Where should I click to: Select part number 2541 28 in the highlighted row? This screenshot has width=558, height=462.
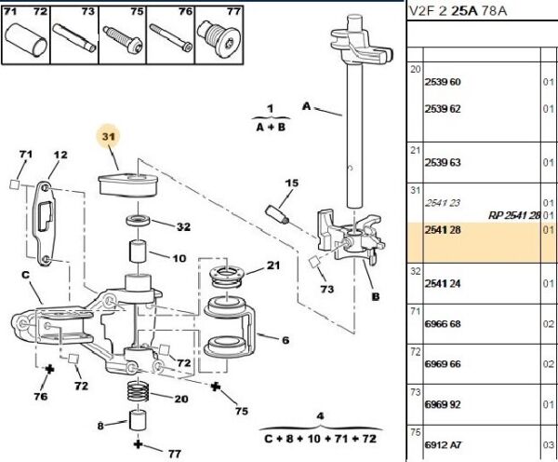(x=431, y=228)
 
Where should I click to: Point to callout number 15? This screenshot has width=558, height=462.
(x=290, y=183)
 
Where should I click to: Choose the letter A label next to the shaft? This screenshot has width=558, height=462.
(x=305, y=106)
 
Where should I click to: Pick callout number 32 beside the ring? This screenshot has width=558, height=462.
(x=182, y=225)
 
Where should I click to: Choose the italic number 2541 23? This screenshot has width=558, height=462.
(x=430, y=202)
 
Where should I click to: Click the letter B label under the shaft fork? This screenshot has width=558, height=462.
(x=376, y=297)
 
